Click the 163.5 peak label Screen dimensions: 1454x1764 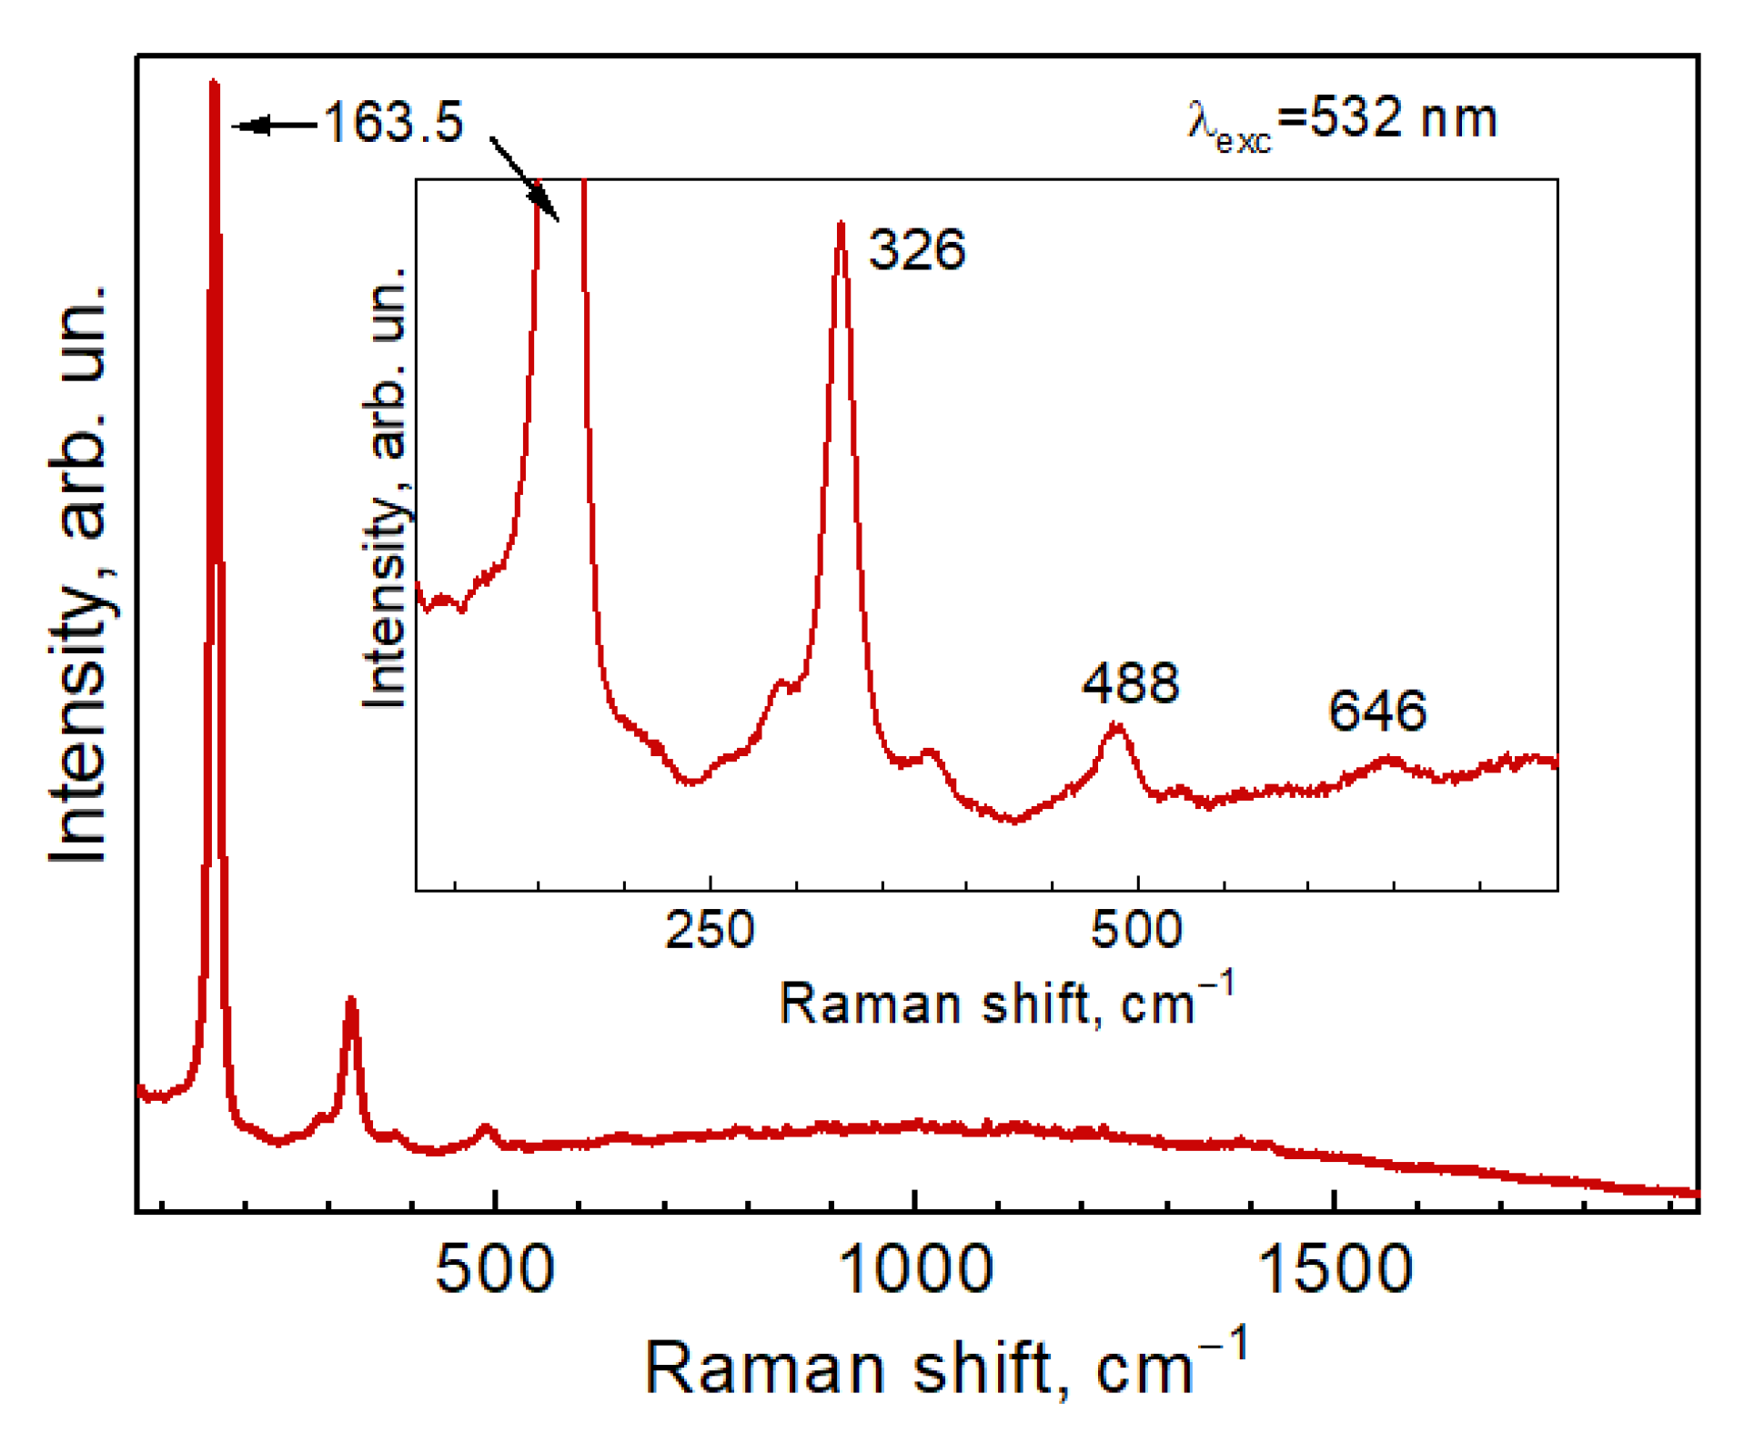click(x=393, y=122)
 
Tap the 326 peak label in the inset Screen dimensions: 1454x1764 click(x=916, y=249)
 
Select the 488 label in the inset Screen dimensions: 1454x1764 click(x=1130, y=683)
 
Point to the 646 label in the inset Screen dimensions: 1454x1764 click(x=1376, y=711)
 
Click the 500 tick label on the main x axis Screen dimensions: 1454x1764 click(x=494, y=1269)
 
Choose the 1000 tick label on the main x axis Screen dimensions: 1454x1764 click(x=914, y=1269)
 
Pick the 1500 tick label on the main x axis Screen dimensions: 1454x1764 click(x=1335, y=1269)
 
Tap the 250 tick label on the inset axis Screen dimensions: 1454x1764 click(x=710, y=930)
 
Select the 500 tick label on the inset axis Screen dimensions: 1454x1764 click(x=1136, y=930)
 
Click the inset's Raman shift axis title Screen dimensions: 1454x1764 click(x=1006, y=1003)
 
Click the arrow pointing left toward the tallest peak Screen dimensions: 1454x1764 click(x=274, y=126)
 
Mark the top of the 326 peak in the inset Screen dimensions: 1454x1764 click(x=841, y=224)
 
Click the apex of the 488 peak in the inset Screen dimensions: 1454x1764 click(x=1117, y=726)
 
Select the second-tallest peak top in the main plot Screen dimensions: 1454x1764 click(x=351, y=1001)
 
